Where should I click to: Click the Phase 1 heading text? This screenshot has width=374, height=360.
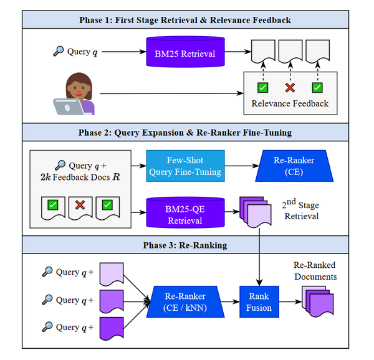pyautogui.click(x=185, y=21)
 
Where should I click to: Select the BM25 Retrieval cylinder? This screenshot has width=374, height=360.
pyautogui.click(x=185, y=54)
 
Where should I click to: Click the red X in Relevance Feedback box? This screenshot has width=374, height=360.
pyautogui.click(x=289, y=87)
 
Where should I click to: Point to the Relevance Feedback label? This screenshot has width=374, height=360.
pyautogui.click(x=289, y=103)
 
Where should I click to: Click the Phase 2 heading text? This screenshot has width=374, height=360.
pyautogui.click(x=185, y=133)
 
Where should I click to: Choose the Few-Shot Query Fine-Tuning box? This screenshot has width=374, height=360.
pyautogui.click(x=185, y=166)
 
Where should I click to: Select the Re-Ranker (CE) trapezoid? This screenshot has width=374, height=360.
pyautogui.click(x=294, y=166)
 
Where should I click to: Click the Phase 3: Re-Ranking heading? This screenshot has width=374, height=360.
pyautogui.click(x=185, y=245)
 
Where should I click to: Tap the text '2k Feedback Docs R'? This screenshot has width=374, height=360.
pyautogui.click(x=77, y=176)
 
